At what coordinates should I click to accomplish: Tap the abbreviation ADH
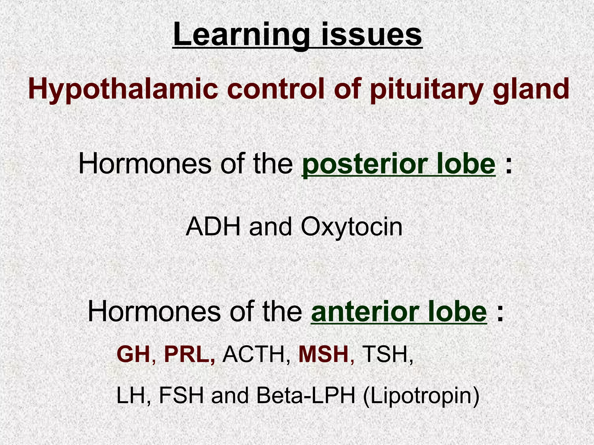213,227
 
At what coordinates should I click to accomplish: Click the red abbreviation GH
133,355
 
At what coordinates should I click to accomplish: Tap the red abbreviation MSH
323,355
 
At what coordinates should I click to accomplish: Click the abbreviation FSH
181,396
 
